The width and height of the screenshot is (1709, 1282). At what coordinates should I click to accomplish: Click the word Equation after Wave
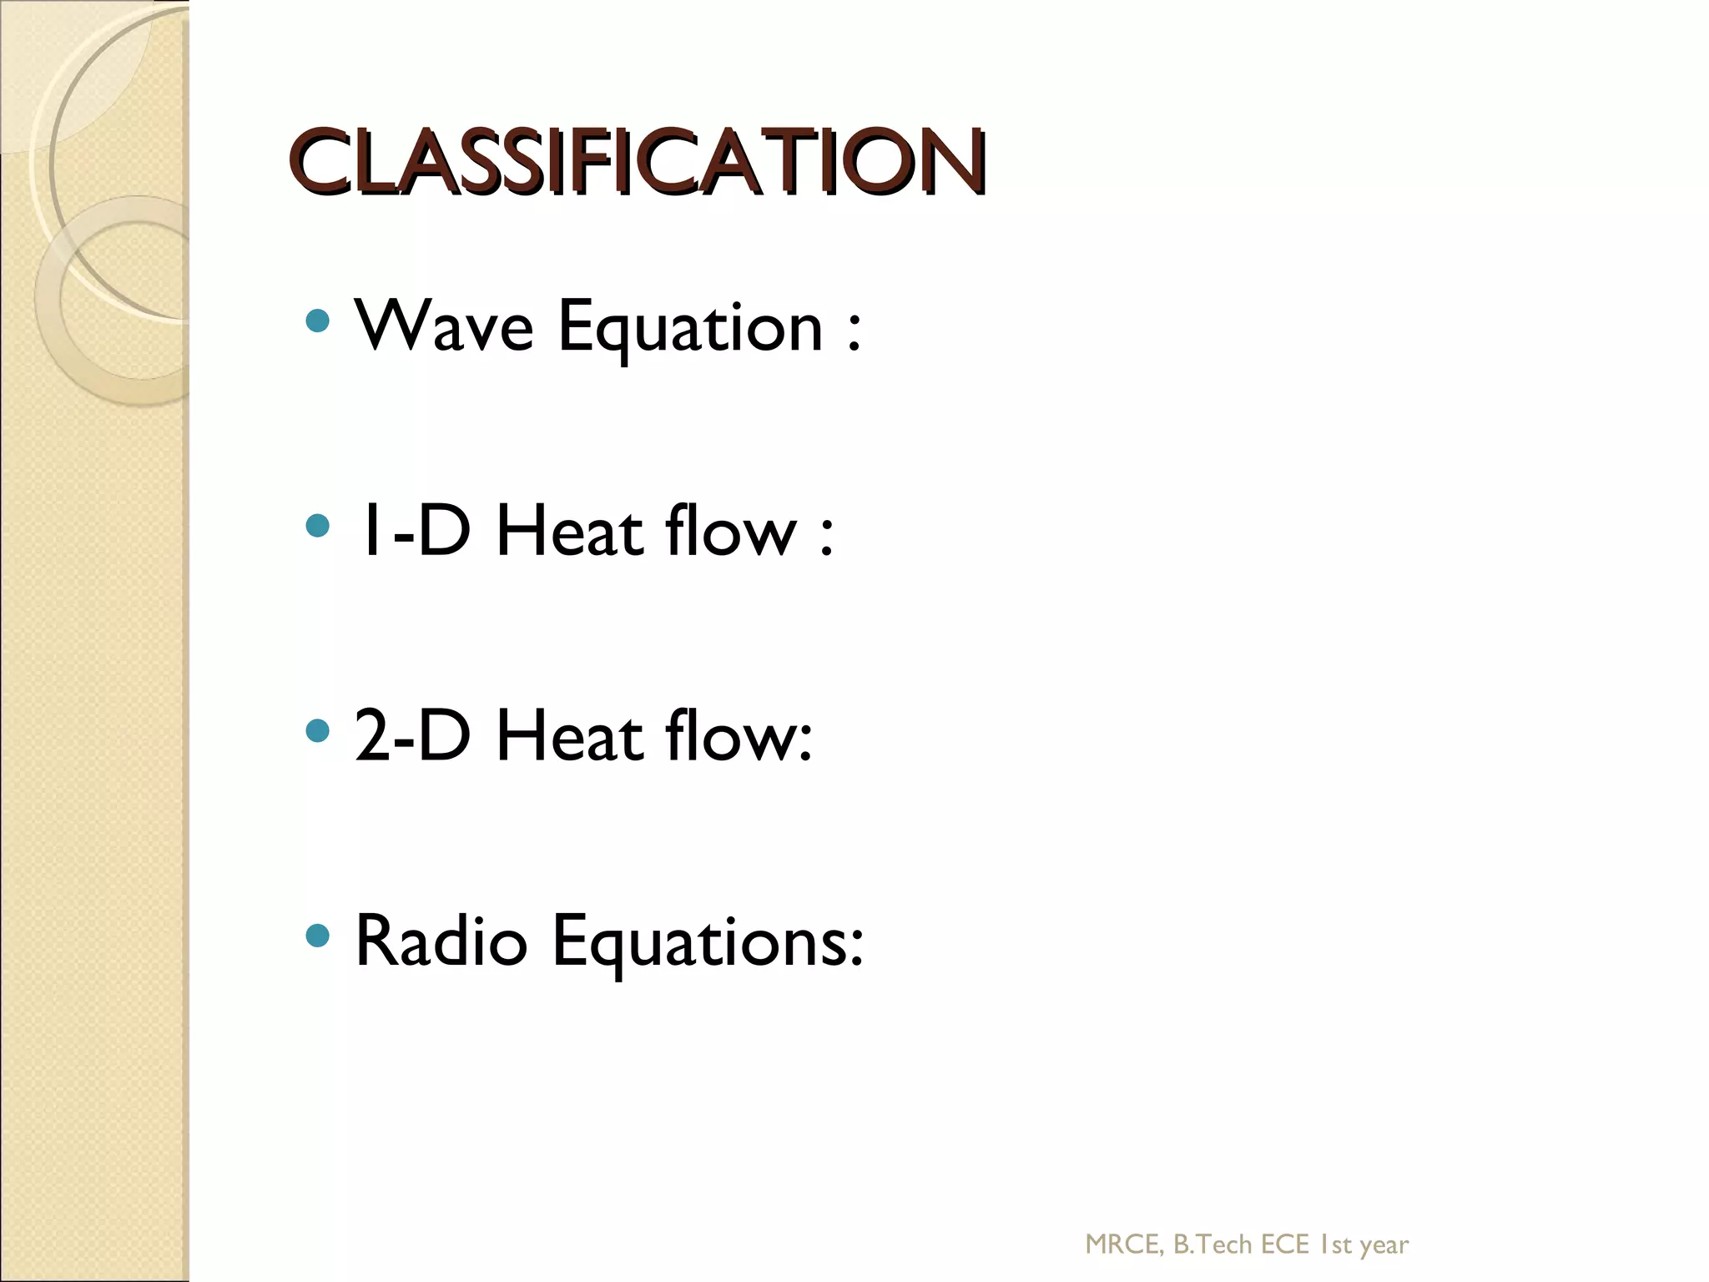click(x=691, y=328)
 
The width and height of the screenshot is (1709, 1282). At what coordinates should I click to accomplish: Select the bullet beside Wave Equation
click(x=317, y=320)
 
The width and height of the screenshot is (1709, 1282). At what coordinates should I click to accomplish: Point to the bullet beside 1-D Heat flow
click(x=317, y=526)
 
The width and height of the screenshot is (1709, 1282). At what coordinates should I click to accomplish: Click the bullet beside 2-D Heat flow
click(x=317, y=731)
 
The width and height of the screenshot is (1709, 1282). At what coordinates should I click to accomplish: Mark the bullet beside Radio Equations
click(x=317, y=936)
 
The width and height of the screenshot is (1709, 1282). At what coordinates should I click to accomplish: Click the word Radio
click(x=441, y=941)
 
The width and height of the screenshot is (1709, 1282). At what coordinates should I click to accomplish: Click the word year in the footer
click(x=1384, y=1246)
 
